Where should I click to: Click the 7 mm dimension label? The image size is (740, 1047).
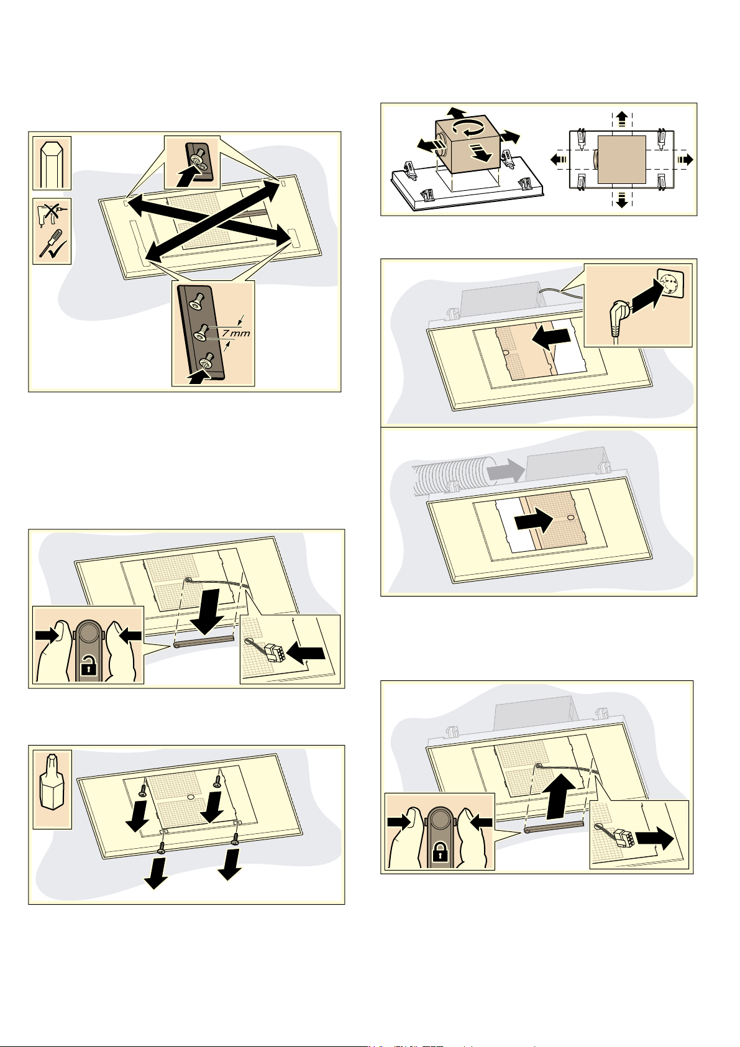click(x=235, y=334)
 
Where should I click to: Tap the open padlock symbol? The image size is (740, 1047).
click(x=87, y=668)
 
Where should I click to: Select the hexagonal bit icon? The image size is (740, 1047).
click(x=52, y=163)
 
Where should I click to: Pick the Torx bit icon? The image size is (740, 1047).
click(x=52, y=788)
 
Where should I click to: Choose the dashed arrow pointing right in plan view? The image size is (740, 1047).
click(x=685, y=159)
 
